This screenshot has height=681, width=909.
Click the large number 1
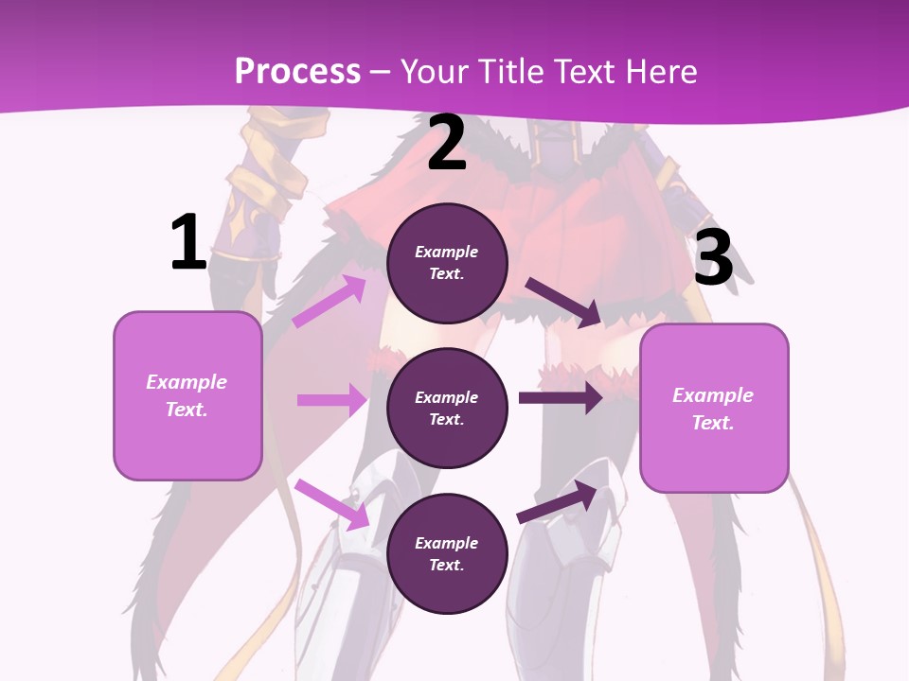(188, 243)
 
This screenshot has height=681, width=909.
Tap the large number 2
(447, 144)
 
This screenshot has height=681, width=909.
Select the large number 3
(714, 258)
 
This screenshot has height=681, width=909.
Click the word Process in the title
(297, 71)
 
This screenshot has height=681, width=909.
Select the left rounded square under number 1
(187, 395)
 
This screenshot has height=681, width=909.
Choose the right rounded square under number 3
(714, 408)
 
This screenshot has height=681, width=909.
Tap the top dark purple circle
(447, 263)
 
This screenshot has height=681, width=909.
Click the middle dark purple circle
(447, 408)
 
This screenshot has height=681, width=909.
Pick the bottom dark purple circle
(447, 553)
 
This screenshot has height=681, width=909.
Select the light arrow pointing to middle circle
(332, 400)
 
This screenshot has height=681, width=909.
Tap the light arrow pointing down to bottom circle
(332, 504)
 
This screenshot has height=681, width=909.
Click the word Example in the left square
(187, 382)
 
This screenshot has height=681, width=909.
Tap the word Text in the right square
(712, 423)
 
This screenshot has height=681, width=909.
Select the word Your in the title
(434, 71)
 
